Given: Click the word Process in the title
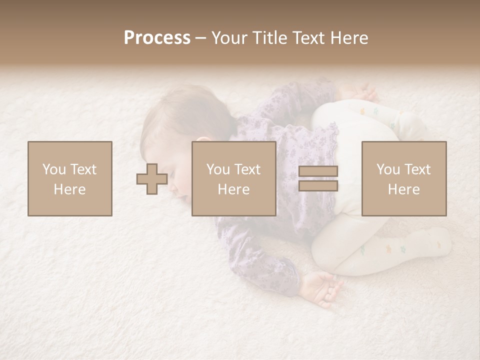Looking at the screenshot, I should coord(157,38).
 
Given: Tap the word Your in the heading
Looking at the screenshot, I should coord(229,38).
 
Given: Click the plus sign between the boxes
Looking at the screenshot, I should coord(152,179).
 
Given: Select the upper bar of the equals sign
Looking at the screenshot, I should coord(318,171).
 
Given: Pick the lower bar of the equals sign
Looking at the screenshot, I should coord(318,185).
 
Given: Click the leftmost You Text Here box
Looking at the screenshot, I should coord(69,178).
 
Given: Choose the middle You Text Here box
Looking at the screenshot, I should coord(233,178).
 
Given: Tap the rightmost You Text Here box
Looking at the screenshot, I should coord(403,178).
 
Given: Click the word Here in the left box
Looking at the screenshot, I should coord(69,189).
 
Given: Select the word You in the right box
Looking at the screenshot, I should coord(387,169).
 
